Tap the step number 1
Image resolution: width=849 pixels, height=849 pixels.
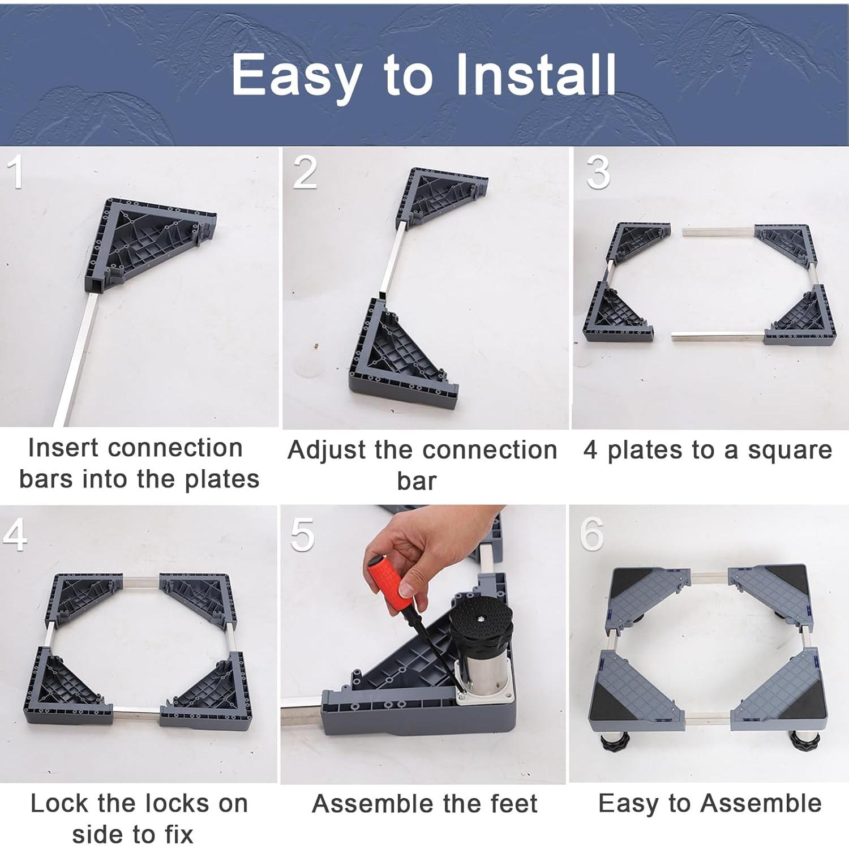point(16,172)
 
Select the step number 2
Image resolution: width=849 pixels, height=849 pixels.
point(305,172)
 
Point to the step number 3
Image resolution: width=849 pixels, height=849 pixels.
point(598,173)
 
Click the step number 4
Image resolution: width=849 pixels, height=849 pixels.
point(15,534)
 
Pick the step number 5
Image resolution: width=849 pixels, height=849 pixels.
point(302,534)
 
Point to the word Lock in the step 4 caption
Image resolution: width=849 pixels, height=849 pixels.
point(59,803)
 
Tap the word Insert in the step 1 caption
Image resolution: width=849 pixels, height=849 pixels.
point(64,448)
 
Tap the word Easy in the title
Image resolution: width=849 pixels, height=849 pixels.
point(297,75)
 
